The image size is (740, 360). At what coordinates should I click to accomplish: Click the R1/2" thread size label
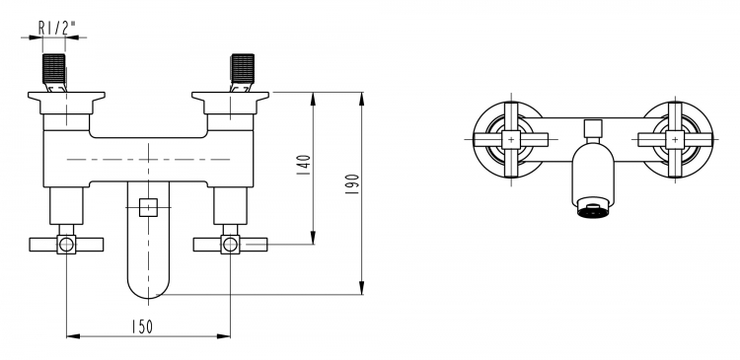56,29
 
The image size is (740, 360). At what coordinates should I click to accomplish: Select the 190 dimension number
352,184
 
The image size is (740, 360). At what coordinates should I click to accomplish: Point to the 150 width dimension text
142,326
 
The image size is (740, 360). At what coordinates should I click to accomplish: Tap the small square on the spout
148,207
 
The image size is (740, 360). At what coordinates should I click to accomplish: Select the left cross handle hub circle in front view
66,245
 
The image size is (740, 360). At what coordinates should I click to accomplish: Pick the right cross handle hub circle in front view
230,245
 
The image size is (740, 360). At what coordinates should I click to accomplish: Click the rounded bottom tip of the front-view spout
148,298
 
